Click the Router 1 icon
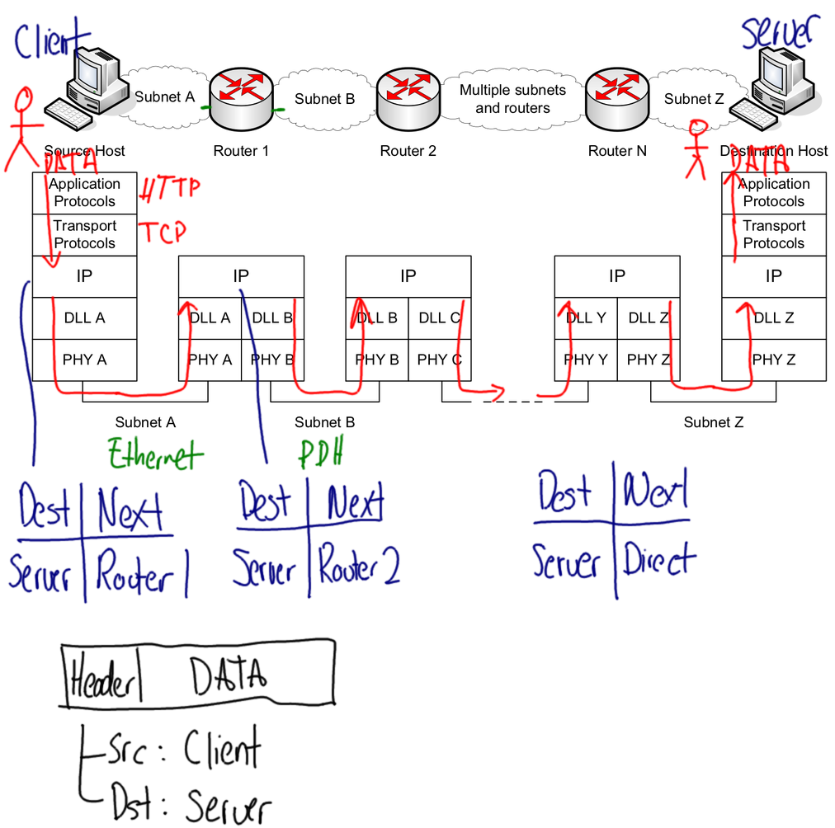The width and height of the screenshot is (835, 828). (x=241, y=98)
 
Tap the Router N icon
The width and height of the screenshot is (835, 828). (x=616, y=98)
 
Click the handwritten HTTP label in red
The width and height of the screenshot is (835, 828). (x=170, y=190)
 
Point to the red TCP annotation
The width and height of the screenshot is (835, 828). (x=161, y=233)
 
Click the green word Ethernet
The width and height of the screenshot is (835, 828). (x=155, y=454)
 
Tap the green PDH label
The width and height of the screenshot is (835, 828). (x=321, y=453)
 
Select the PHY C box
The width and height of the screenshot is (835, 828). (x=439, y=360)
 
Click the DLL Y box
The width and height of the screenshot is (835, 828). (x=586, y=318)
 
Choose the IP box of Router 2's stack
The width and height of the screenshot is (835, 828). (x=408, y=276)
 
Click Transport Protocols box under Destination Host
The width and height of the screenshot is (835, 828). (x=773, y=234)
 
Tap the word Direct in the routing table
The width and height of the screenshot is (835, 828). (x=659, y=560)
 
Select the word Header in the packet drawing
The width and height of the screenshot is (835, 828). (x=101, y=681)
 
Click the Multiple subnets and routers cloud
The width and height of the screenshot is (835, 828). (x=512, y=100)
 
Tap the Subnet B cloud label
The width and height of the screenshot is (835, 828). (x=324, y=99)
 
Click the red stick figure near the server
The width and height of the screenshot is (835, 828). (x=698, y=148)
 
